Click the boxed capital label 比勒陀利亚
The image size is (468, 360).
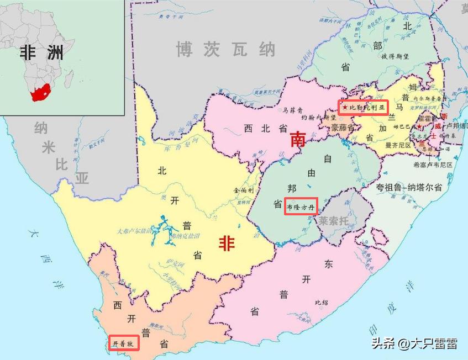click(364, 107)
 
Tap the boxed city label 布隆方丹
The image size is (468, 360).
click(301, 206)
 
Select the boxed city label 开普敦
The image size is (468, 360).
click(123, 343)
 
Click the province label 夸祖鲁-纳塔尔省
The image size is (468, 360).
click(409, 187)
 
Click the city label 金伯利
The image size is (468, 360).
click(243, 189)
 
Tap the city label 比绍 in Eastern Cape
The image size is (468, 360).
click(321, 302)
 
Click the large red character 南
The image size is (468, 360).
click(298, 141)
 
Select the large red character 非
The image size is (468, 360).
click(226, 242)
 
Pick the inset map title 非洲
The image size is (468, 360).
click(41, 52)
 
